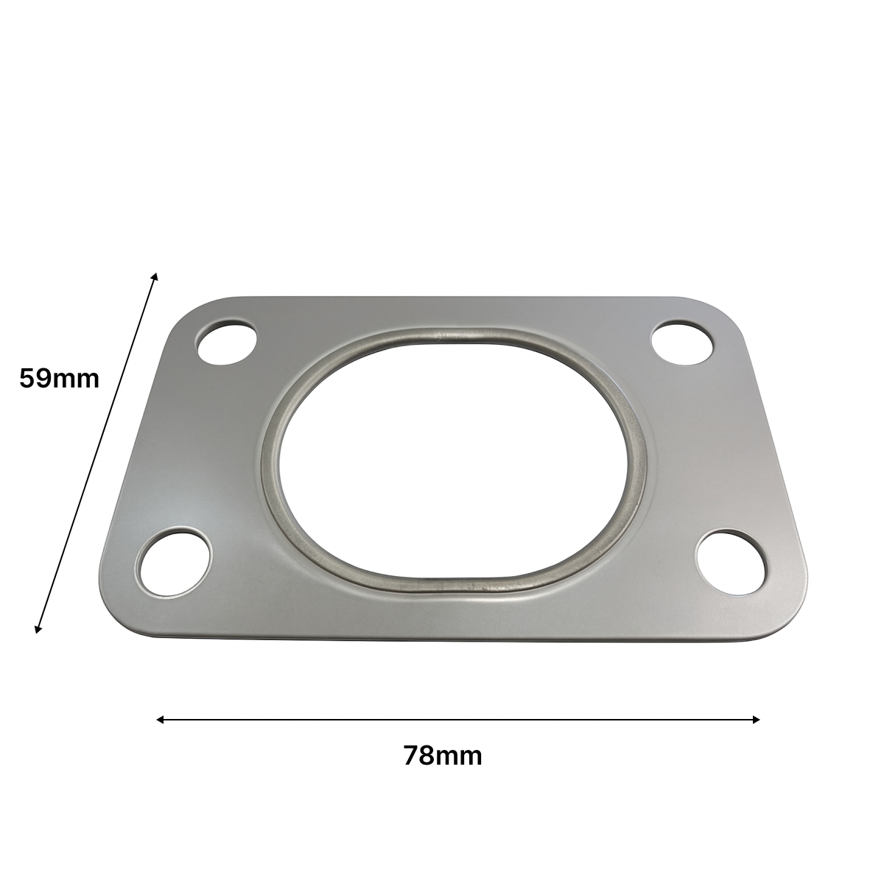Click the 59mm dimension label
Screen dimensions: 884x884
pos(59,379)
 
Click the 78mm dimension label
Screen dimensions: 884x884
pos(443,756)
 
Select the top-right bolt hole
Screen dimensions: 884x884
pos(683,343)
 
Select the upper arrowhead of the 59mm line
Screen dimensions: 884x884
pos(155,276)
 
